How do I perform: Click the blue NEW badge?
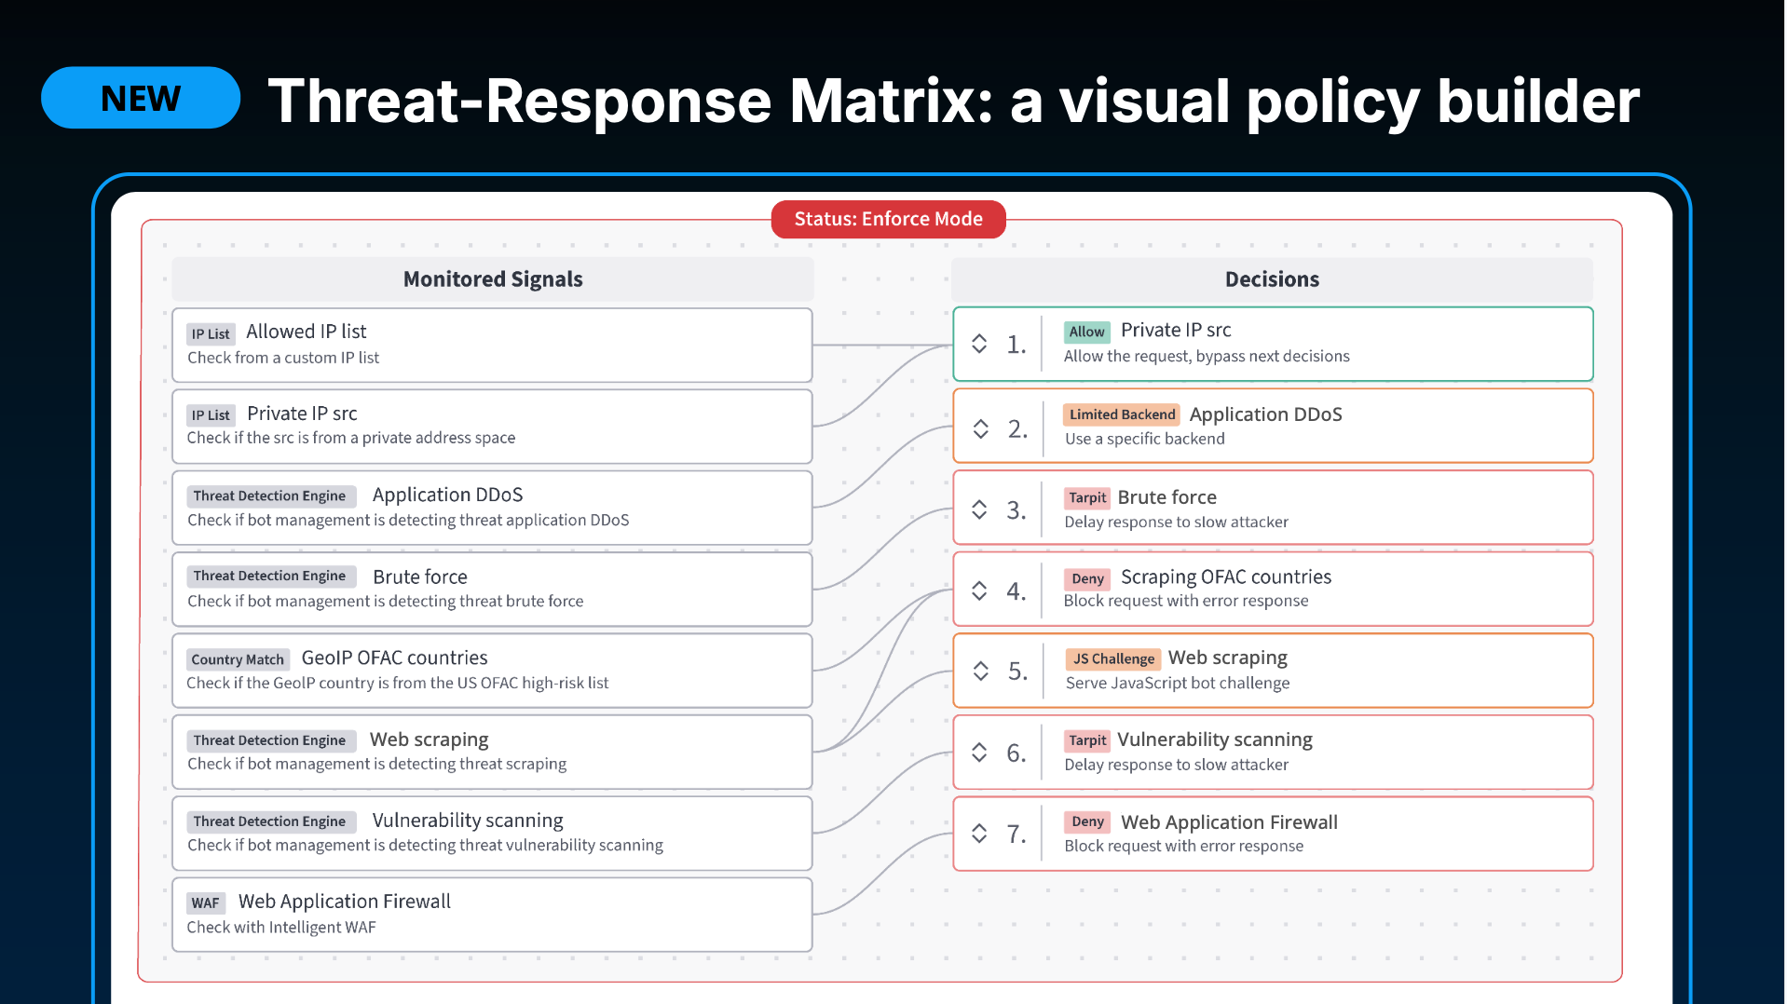[141, 98]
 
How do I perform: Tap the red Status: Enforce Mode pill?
[888, 219]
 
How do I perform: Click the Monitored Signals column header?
[493, 279]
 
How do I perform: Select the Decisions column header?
[1272, 279]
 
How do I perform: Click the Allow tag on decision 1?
[1086, 332]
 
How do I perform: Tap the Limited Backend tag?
[1122, 414]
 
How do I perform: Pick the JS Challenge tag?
[1113, 659]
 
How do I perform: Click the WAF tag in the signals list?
[205, 902]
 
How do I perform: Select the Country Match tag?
[238, 659]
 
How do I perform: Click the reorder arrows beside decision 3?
[979, 509]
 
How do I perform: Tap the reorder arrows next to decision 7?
[979, 833]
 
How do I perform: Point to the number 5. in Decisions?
[1017, 672]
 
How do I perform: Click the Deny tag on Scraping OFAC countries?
[1087, 578]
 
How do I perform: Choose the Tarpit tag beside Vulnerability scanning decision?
[1087, 740]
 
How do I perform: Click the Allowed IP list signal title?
[307, 332]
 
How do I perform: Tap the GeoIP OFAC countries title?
[394, 658]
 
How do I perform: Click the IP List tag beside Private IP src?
[211, 415]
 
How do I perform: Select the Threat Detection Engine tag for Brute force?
[269, 577]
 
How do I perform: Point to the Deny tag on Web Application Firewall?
[1087, 821]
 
